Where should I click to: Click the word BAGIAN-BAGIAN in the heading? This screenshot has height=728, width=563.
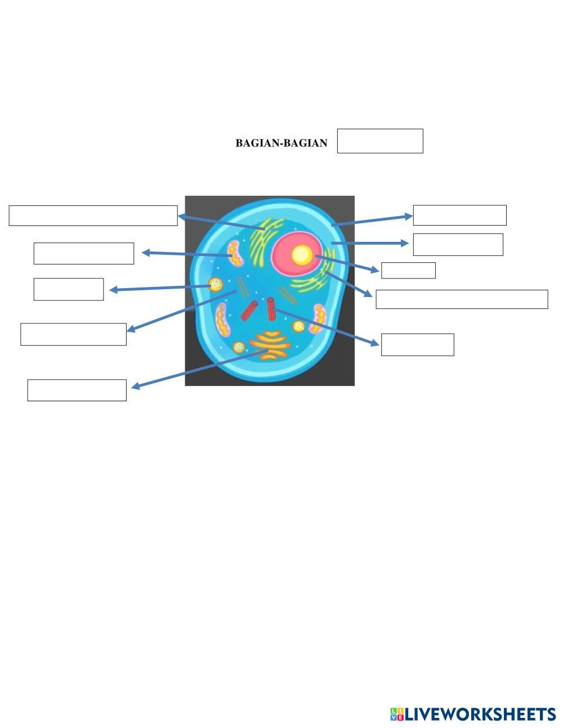click(x=281, y=143)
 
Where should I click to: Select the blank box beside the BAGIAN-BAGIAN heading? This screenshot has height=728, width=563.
click(x=380, y=141)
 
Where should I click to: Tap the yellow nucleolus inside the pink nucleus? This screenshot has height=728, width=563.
click(x=302, y=255)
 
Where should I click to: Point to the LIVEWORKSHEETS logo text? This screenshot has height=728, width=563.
click(x=480, y=714)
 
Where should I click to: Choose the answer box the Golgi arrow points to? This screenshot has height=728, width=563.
click(x=77, y=390)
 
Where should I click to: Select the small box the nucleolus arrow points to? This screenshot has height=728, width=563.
click(x=408, y=270)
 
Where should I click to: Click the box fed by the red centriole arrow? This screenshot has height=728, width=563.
click(x=417, y=344)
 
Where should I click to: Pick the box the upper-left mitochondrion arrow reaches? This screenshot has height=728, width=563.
click(x=83, y=253)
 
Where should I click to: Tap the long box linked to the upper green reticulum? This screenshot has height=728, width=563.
click(x=93, y=215)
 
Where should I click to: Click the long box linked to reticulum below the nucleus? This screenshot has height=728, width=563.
click(x=462, y=299)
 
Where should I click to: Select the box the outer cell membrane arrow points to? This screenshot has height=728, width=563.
click(x=459, y=215)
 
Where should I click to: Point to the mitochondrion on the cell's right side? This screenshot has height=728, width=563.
click(x=319, y=318)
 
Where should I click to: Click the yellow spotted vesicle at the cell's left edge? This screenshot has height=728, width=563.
click(x=215, y=284)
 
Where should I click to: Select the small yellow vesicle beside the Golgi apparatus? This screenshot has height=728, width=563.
click(x=239, y=347)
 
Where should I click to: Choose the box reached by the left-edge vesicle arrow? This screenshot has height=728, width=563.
click(x=69, y=289)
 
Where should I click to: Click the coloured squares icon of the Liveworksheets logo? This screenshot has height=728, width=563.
click(x=397, y=714)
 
